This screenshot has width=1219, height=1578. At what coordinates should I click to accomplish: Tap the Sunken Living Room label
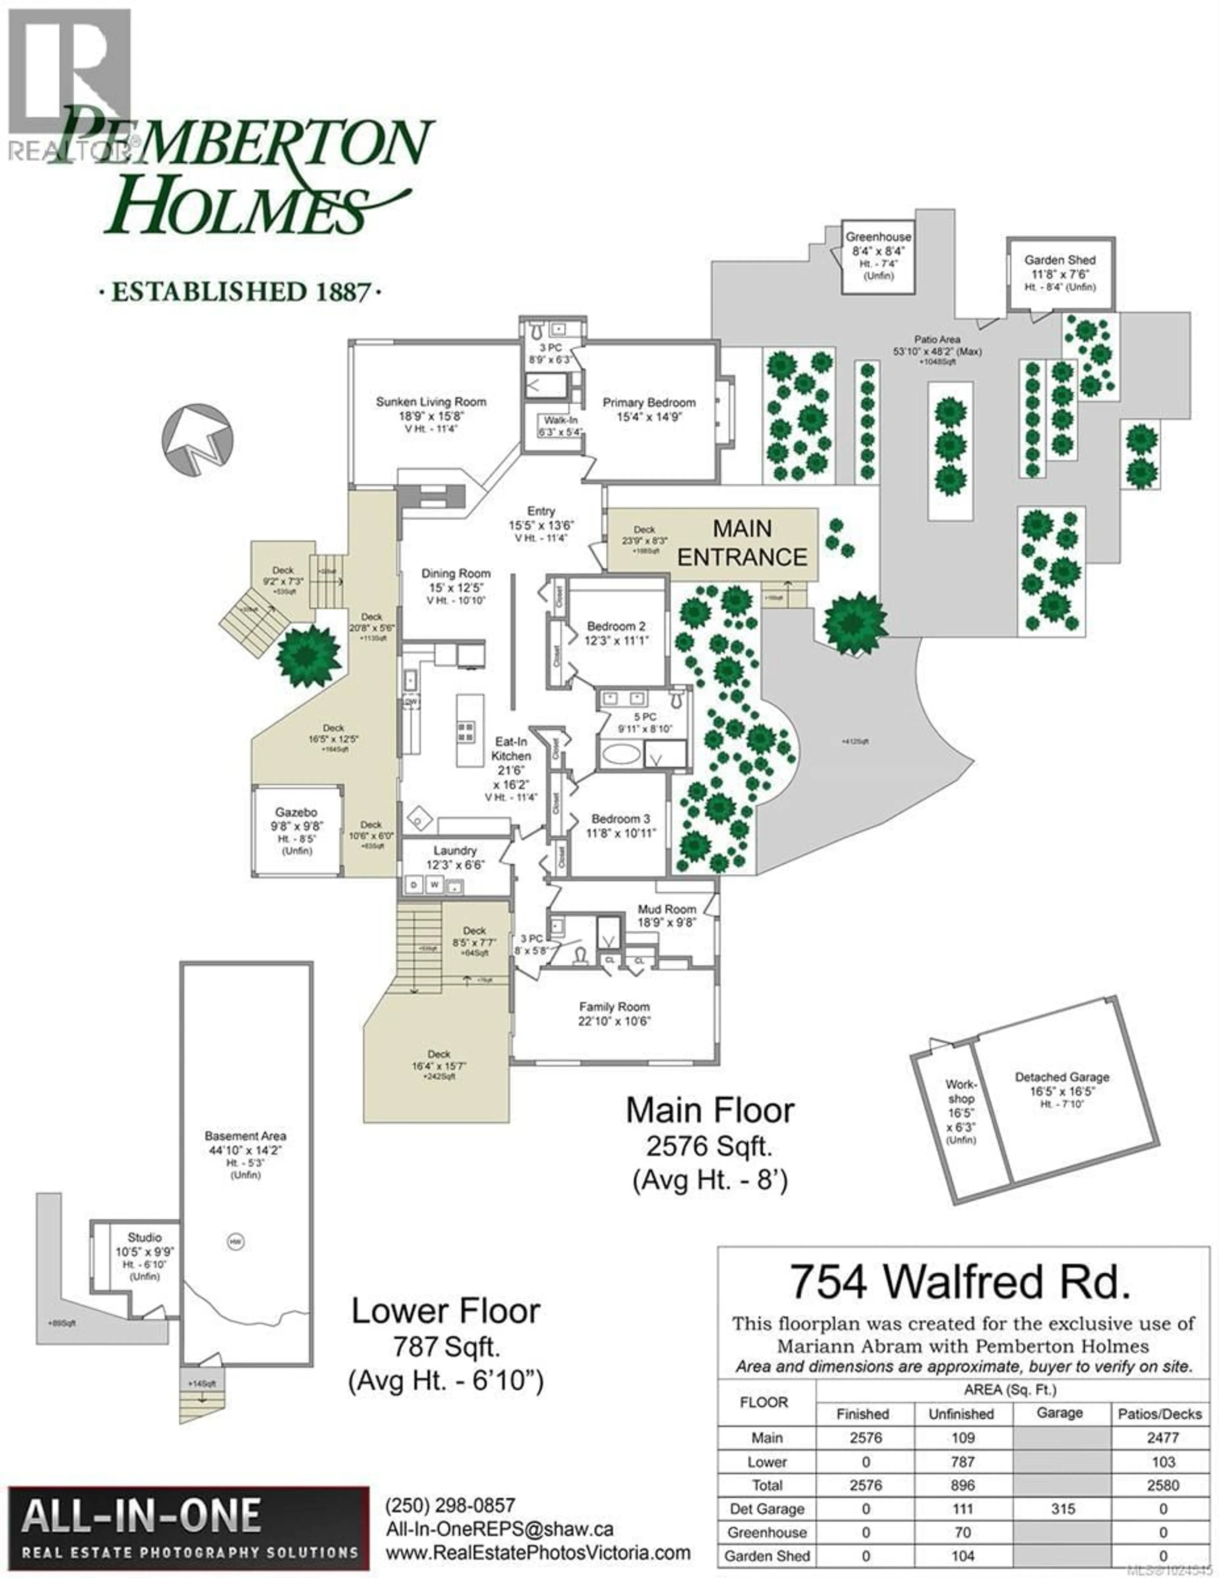pyautogui.click(x=431, y=402)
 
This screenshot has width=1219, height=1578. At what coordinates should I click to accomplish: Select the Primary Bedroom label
pyautogui.click(x=649, y=403)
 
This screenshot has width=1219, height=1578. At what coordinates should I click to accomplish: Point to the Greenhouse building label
pyautogui.click(x=878, y=237)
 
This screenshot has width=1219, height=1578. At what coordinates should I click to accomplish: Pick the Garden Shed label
pyautogui.click(x=1059, y=260)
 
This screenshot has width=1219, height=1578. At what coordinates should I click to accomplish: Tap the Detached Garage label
pyautogui.click(x=1062, y=1077)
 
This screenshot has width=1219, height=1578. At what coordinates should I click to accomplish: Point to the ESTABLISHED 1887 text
pyautogui.click(x=240, y=292)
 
